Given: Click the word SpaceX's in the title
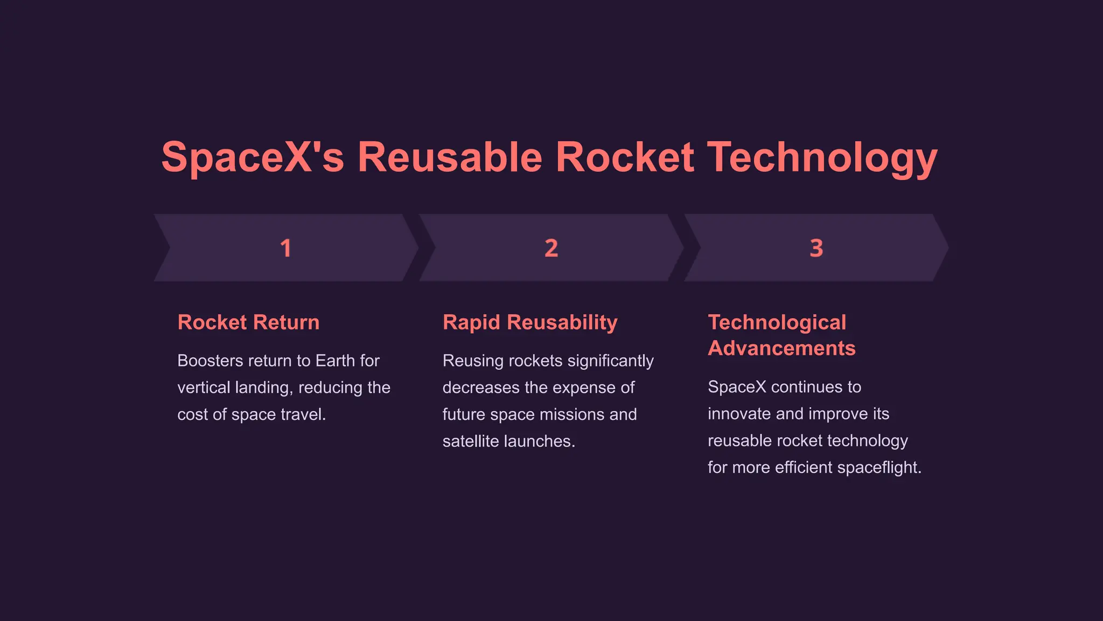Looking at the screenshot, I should (253, 157).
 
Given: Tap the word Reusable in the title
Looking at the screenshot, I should (450, 157).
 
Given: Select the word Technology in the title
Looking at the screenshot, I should (822, 157).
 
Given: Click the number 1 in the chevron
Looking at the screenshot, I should (285, 248).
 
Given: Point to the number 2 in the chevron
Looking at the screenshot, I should (551, 248).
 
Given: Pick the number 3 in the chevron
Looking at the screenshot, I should (816, 248).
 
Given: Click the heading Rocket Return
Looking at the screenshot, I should (248, 322).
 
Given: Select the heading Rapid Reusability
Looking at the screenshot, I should (530, 322).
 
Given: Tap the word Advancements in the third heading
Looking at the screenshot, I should (781, 348).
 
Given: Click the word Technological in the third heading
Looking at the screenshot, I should (777, 322).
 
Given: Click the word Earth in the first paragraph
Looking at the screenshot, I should (336, 361).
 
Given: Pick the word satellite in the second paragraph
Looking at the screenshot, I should (468, 441).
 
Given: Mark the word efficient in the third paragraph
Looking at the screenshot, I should (804, 467).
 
